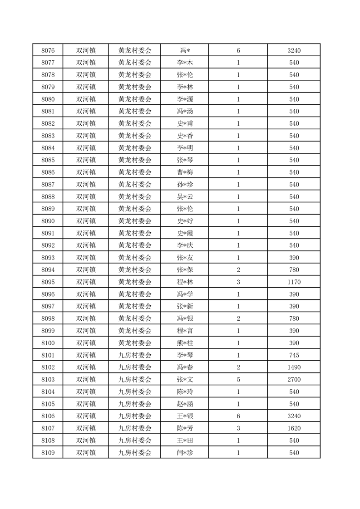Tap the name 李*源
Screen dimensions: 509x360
pyautogui.click(x=185, y=99)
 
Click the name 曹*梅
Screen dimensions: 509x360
pyautogui.click(x=185, y=172)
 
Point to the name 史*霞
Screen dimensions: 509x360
pyautogui.click(x=185, y=233)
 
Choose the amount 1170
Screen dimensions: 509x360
pyautogui.click(x=294, y=282)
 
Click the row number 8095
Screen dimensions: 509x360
pyautogui.click(x=48, y=282)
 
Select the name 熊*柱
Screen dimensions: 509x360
pyautogui.click(x=185, y=343)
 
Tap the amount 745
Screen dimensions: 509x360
pyautogui.click(x=294, y=355)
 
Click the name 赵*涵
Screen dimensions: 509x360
pyautogui.click(x=185, y=404)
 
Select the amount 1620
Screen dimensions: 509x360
pyautogui.click(x=294, y=428)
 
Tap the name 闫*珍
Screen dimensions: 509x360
pyautogui.click(x=185, y=453)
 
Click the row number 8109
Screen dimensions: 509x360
pyautogui.click(x=48, y=453)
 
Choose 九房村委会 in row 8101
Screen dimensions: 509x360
pyautogui.click(x=135, y=355)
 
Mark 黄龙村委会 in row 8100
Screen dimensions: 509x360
pyautogui.click(x=135, y=343)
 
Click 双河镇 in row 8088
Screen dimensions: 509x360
pyautogui.click(x=86, y=197)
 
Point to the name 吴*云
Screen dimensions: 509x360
pyautogui.click(x=185, y=197)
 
